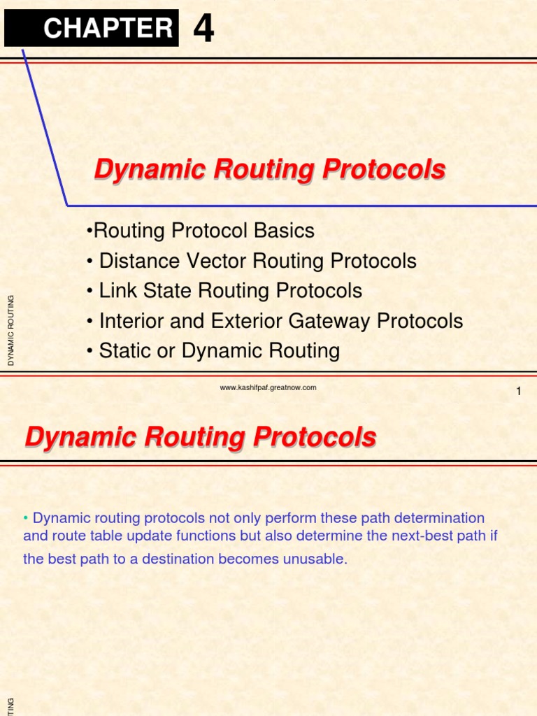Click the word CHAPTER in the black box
click(108, 28)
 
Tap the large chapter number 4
click(203, 29)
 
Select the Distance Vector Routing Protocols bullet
click(252, 261)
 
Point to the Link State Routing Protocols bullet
click(225, 290)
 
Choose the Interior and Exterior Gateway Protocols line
click(275, 321)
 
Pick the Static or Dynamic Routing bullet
click(214, 350)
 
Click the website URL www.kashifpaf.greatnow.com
click(268, 387)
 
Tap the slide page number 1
click(519, 392)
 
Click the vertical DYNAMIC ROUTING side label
click(11, 331)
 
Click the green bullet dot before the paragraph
click(26, 517)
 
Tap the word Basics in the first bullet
click(285, 230)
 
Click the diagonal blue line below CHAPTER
click(45, 129)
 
